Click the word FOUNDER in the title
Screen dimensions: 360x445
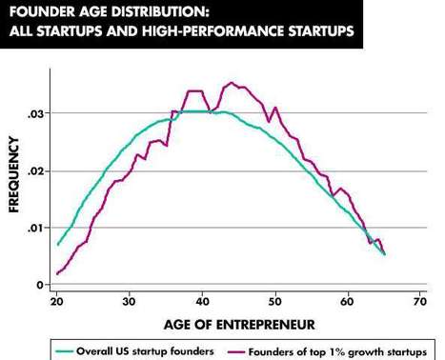click(x=40, y=13)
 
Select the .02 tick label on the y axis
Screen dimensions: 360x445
click(x=35, y=171)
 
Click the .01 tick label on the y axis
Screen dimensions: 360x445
click(x=35, y=228)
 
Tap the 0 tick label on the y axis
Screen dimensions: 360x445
click(x=40, y=285)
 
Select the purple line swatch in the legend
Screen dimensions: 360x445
click(x=233, y=350)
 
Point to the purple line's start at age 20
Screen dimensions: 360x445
click(x=58, y=274)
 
